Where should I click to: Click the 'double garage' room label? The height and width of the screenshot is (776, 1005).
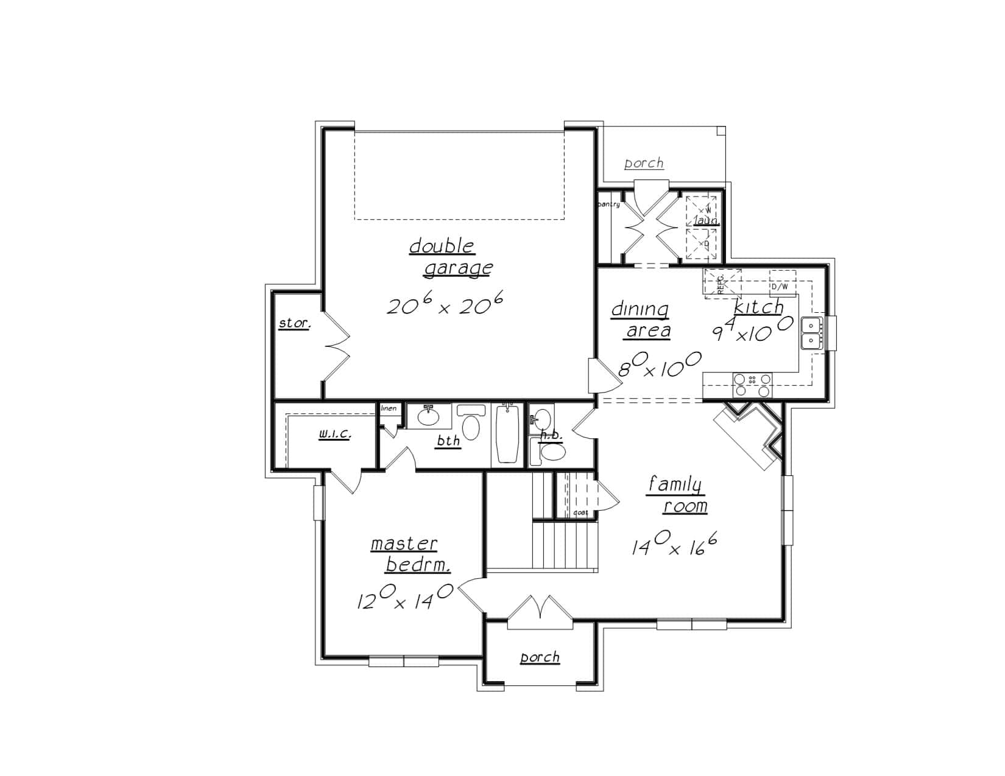click(x=451, y=257)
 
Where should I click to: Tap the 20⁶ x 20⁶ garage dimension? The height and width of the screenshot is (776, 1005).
click(x=445, y=305)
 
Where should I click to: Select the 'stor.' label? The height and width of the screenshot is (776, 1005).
click(x=294, y=323)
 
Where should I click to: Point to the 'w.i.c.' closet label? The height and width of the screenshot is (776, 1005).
click(x=334, y=435)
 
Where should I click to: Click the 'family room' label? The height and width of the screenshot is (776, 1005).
click(x=677, y=495)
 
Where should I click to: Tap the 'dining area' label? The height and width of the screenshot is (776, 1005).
click(x=641, y=320)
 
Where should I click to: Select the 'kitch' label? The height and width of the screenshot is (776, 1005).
click(x=758, y=307)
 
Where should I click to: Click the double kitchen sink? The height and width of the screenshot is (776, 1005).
click(x=811, y=332)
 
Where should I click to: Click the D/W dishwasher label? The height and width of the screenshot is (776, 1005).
click(x=780, y=286)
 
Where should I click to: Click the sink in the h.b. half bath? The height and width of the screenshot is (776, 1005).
click(x=541, y=419)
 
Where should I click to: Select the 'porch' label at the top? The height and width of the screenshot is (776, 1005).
click(x=644, y=163)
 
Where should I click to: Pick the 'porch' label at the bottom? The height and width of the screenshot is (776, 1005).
click(x=540, y=657)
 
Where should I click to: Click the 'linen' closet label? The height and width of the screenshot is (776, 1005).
click(x=389, y=408)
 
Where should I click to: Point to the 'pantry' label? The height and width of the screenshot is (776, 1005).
click(x=609, y=204)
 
